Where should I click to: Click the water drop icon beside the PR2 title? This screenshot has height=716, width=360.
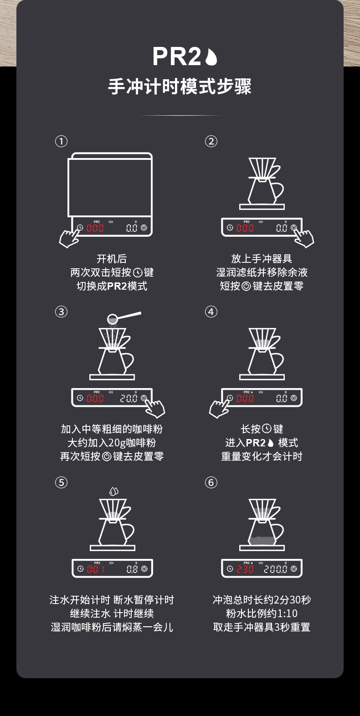point(211,57)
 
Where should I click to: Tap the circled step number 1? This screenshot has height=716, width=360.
point(61,141)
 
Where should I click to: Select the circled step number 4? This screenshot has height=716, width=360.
point(211,312)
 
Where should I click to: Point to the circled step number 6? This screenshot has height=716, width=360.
point(211,482)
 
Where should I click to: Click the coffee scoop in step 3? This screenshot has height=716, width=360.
point(123,317)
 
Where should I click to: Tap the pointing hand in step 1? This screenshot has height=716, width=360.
point(70,237)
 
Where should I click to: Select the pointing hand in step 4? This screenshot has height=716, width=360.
point(220,408)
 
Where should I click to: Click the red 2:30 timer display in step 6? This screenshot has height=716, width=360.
point(245,569)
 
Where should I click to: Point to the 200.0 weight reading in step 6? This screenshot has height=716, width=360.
point(275,569)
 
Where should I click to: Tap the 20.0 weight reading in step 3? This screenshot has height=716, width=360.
point(129,398)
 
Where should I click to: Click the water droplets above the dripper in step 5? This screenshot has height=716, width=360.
point(114,491)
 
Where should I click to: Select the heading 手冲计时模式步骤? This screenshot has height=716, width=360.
point(180,86)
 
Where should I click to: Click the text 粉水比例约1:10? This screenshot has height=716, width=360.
point(262,614)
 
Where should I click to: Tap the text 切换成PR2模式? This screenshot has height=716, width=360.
point(112,286)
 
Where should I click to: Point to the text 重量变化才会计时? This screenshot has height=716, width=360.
point(262,456)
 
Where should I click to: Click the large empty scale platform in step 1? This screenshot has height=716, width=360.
point(110,184)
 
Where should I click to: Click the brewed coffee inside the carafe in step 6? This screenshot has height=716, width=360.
point(262,541)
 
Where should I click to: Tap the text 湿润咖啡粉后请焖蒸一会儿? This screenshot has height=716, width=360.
point(112,627)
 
